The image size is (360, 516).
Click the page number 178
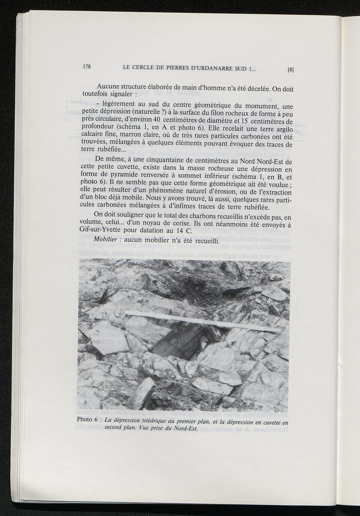pos(87,66)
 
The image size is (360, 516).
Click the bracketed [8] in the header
pos(290,70)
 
